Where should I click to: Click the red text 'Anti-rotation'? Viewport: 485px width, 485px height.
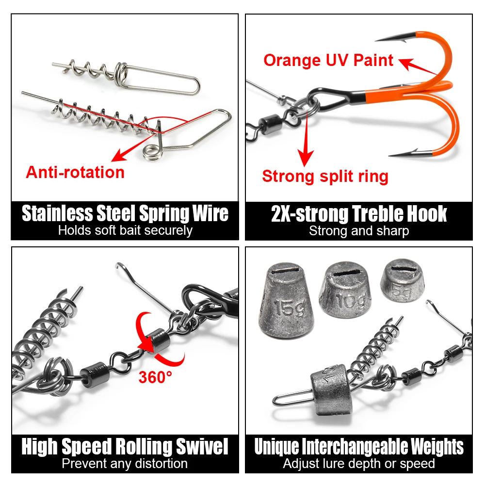pos(75,172)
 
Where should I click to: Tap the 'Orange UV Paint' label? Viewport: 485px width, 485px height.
pos(328,60)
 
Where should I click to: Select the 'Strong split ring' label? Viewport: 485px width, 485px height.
pos(325,176)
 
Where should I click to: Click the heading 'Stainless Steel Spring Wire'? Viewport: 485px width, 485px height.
pos(125,214)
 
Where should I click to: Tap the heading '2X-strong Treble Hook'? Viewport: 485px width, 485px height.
pos(359,214)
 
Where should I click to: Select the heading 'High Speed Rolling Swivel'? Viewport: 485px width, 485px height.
pos(125,447)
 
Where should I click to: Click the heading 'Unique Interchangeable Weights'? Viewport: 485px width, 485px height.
pos(359,447)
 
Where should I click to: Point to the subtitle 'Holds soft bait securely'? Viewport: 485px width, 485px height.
pos(125,230)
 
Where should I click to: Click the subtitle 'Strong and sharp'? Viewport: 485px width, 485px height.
pos(359,231)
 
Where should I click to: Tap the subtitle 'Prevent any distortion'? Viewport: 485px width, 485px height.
pos(125,463)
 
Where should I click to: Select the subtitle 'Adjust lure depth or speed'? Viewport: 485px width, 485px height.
pos(359,464)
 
